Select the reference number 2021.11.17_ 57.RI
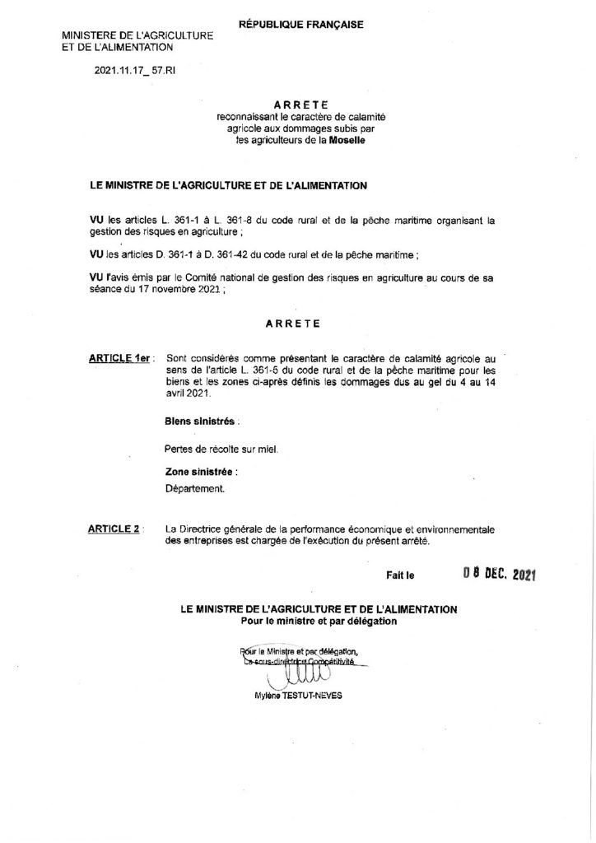[134, 72]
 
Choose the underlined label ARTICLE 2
[114, 528]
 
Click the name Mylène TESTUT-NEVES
[300, 695]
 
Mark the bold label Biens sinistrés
[202, 420]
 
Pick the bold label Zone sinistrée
[201, 473]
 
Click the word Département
[195, 488]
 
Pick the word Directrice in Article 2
[209, 528]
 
